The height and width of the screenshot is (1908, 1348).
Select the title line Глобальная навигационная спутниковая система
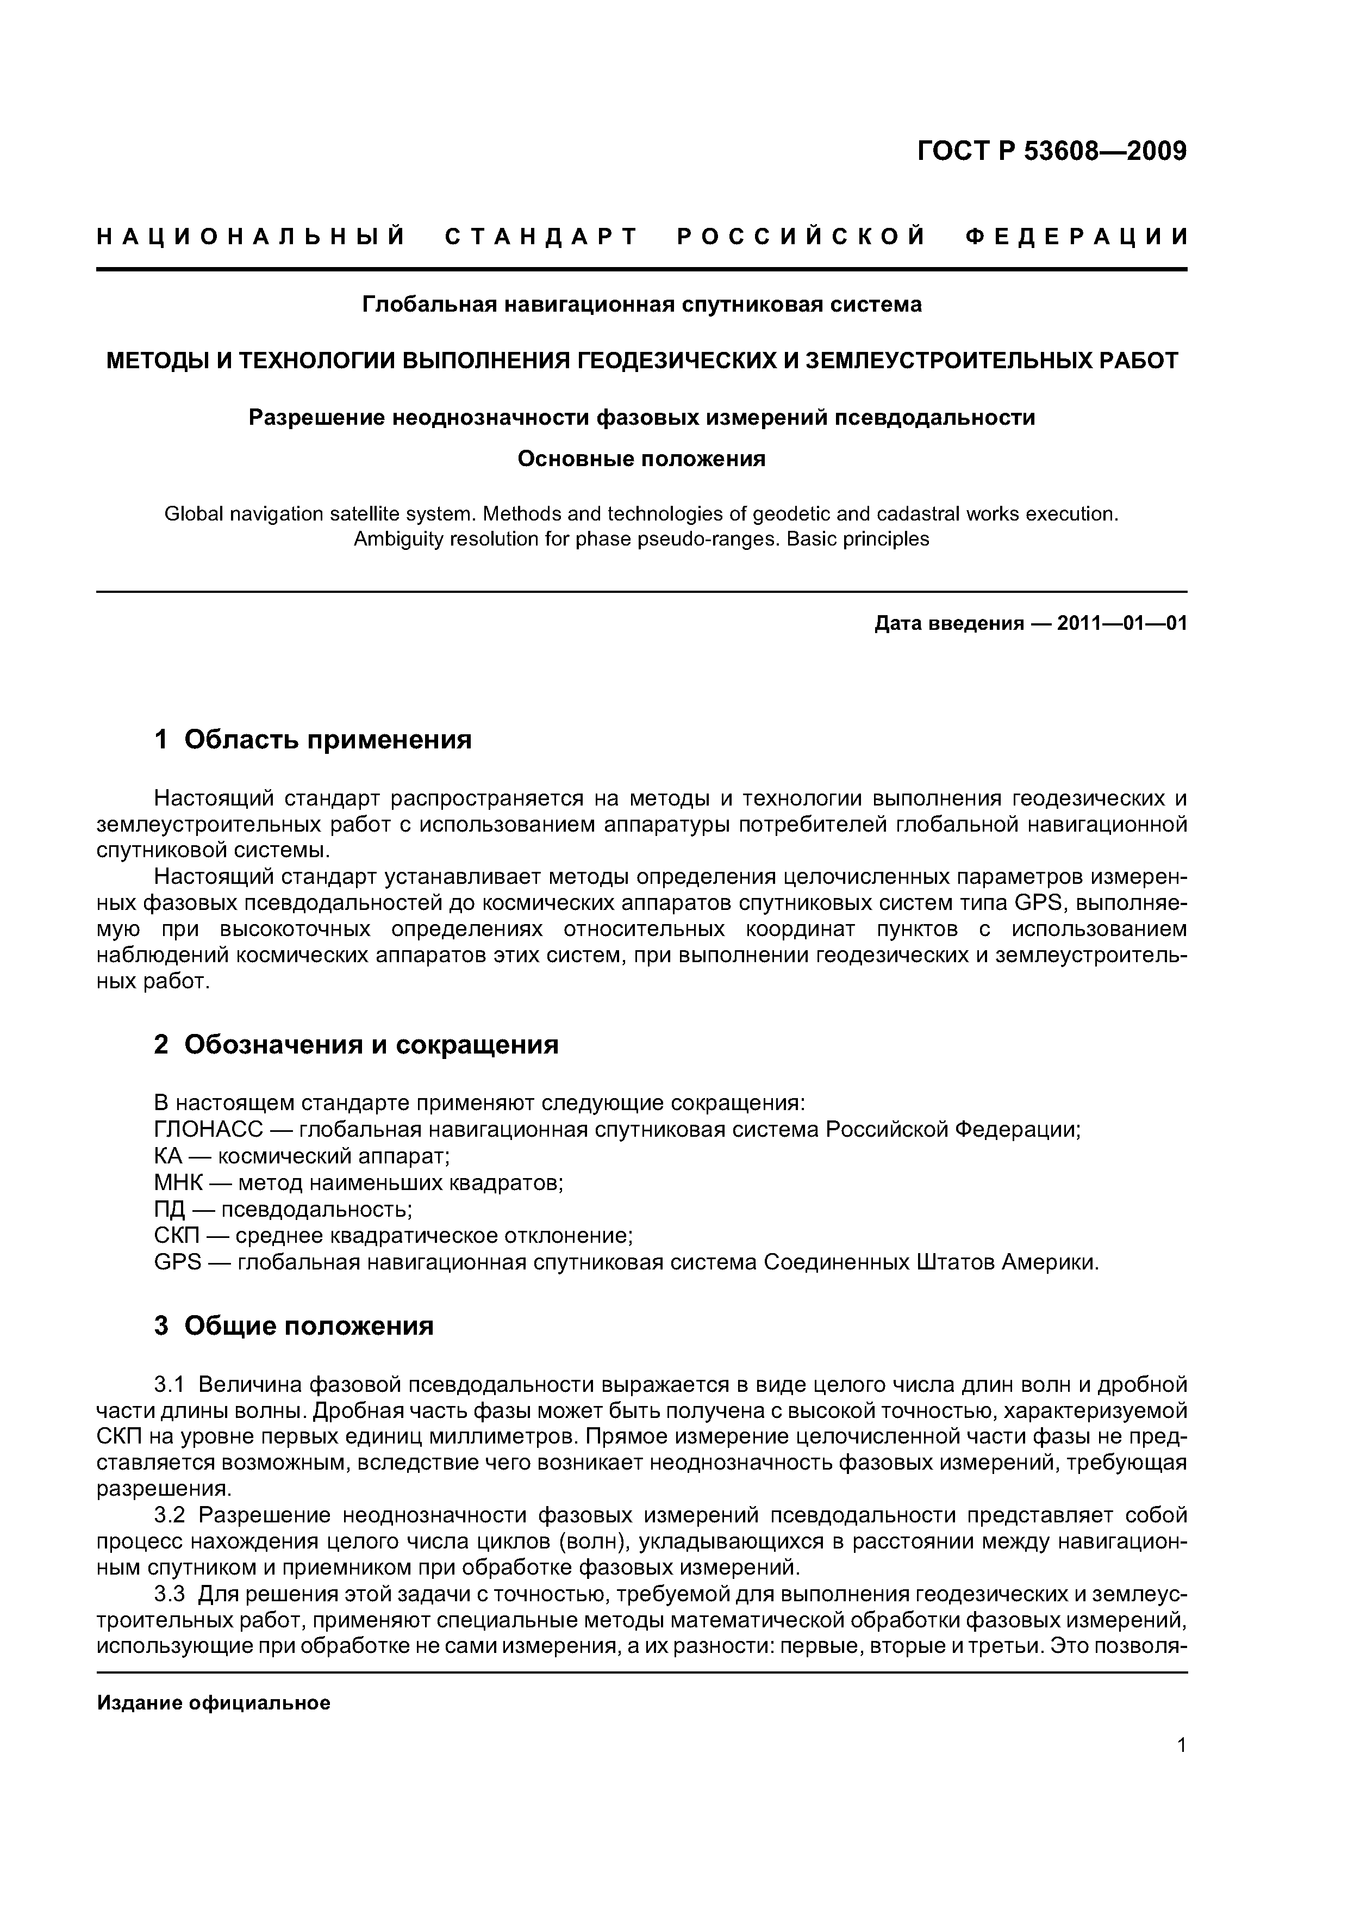(641, 305)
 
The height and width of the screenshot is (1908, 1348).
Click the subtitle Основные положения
(641, 459)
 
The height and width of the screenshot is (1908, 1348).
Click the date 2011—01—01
(1121, 623)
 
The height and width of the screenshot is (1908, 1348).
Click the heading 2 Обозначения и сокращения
(357, 1045)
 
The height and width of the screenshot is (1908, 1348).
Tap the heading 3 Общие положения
(294, 1325)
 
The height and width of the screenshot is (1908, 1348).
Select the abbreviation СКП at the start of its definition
(177, 1236)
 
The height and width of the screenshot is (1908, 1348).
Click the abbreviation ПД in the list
(170, 1209)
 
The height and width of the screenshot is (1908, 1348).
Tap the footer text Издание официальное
(214, 1703)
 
